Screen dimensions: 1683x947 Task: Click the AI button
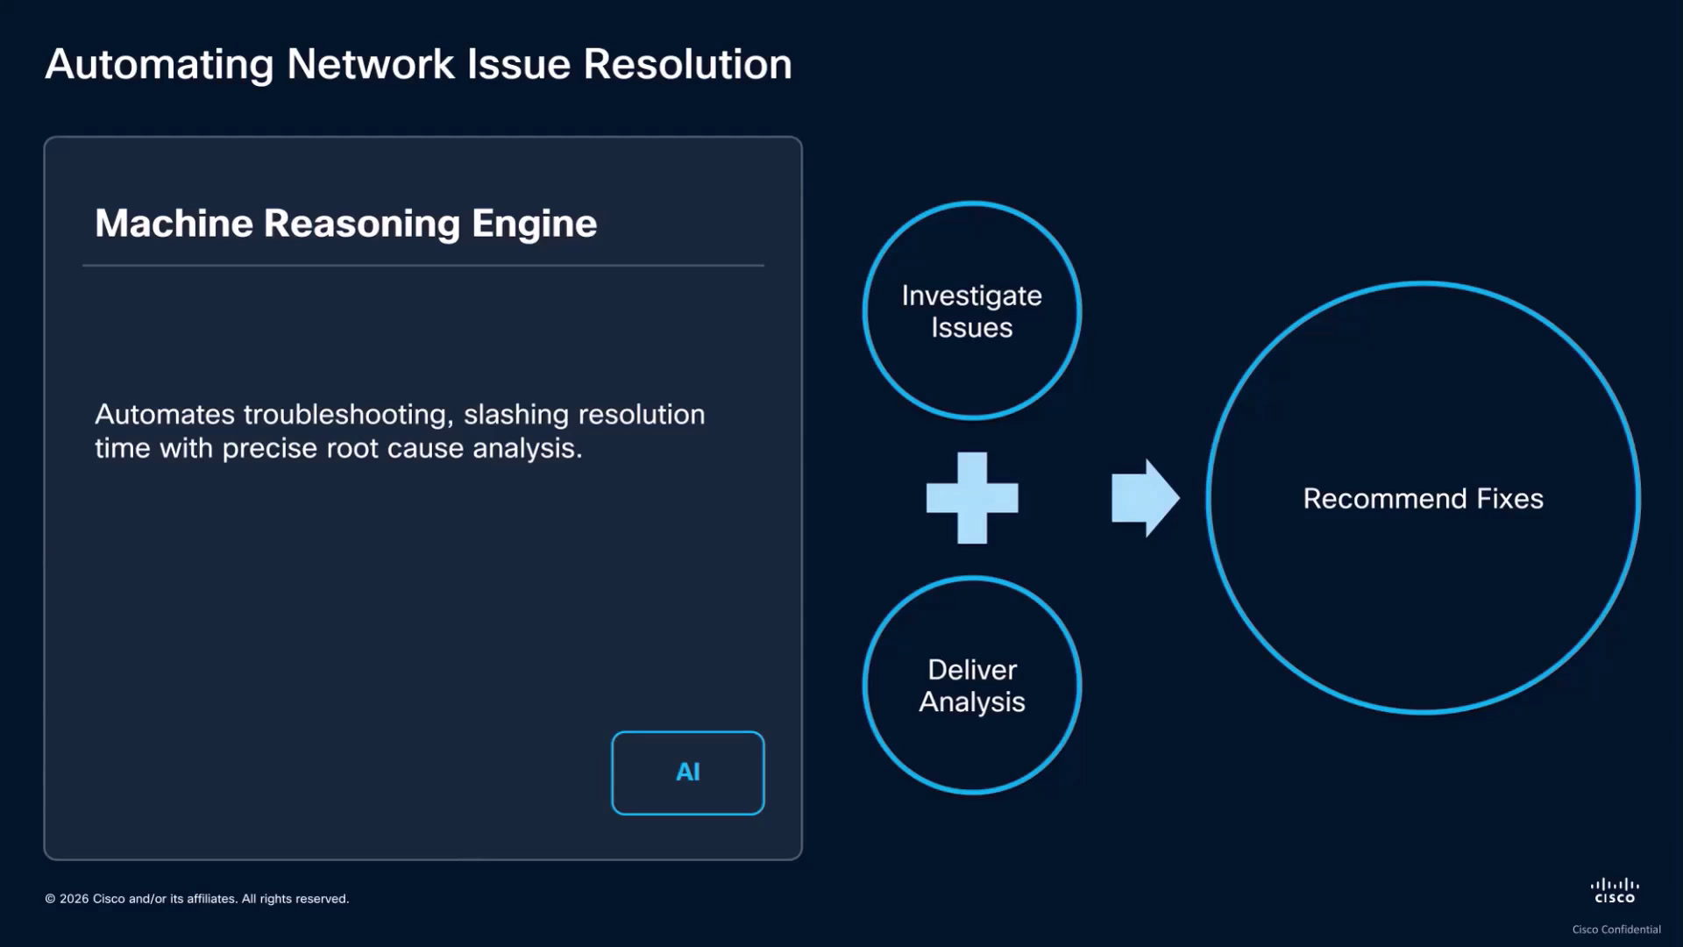[688, 773]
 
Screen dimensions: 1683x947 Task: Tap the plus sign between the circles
[972, 498]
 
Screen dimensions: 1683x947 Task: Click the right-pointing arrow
[1146, 498]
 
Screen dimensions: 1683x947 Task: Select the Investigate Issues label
[972, 311]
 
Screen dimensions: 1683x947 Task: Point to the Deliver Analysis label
[972, 686]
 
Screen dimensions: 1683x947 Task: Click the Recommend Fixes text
[1424, 498]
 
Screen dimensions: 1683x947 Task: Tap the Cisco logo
[1615, 891]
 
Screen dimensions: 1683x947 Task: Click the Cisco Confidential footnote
[1616, 929]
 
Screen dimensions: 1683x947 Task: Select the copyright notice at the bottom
[197, 899]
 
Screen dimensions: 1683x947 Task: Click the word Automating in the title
[160, 65]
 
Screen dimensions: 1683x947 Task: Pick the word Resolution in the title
[688, 64]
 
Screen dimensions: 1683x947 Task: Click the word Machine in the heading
[174, 223]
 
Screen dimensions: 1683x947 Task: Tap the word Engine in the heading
[535, 224]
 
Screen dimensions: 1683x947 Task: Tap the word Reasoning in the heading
[362, 224]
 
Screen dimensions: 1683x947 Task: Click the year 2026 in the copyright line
[75, 899]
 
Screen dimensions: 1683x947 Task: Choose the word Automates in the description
[165, 414]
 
